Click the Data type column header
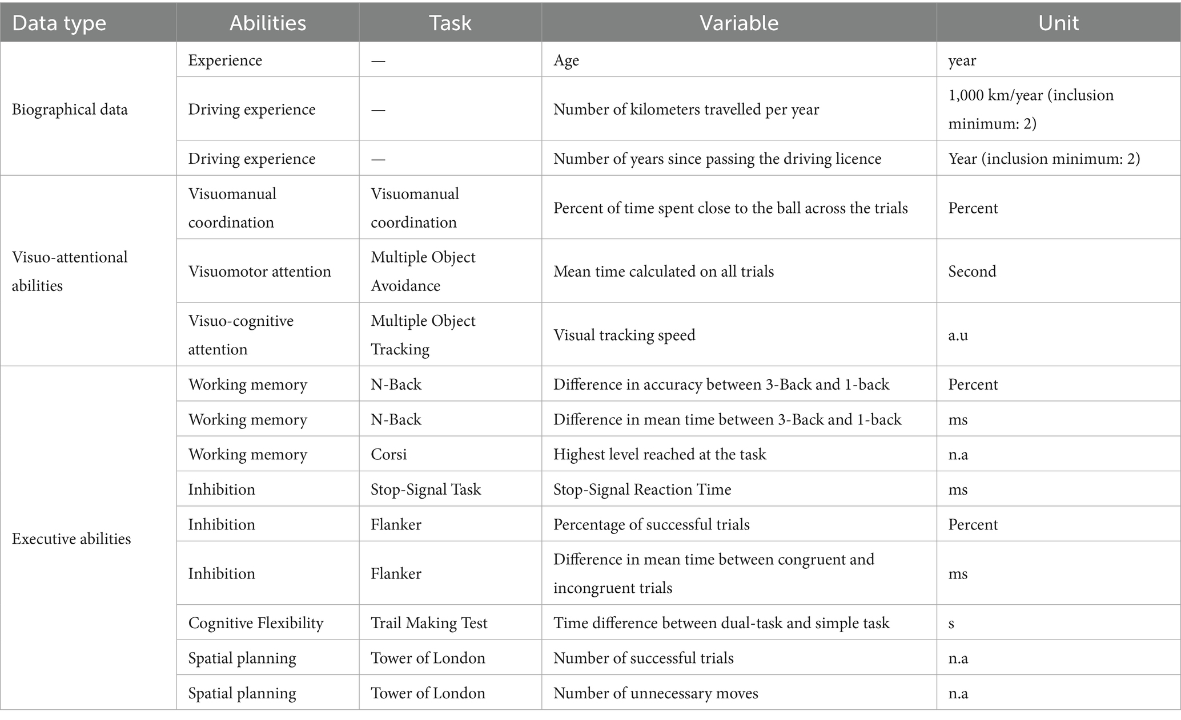pos(59,23)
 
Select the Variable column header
pos(738,23)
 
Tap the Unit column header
pos(1058,23)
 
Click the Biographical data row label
pos(70,110)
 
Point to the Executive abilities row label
pos(71,539)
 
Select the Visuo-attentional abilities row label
pos(70,272)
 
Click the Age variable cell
pos(566,60)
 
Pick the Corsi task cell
pos(389,455)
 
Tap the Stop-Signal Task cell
pos(425,490)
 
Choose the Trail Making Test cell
pos(429,623)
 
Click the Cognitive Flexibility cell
pos(256,623)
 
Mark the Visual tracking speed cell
pos(624,335)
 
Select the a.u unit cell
pos(958,335)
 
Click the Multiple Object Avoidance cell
pos(423,272)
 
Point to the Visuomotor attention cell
pos(259,272)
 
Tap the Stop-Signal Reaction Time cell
pos(642,490)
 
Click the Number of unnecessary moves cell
pos(656,693)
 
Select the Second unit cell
pos(972,272)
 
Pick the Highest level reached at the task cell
pos(660,455)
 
